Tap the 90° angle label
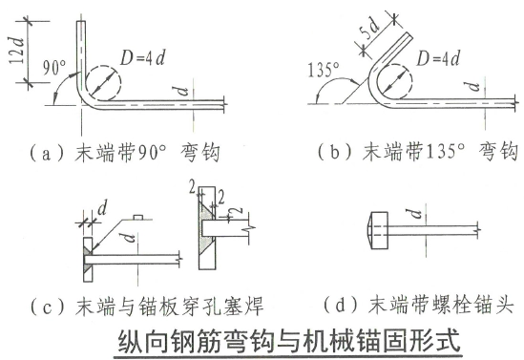pyautogui.click(x=54, y=68)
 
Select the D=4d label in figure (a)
pyautogui.click(x=143, y=58)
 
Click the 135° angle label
pyautogui.click(x=324, y=70)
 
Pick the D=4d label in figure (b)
pyautogui.click(x=438, y=59)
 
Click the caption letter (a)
pyautogui.click(x=47, y=153)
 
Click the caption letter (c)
pyautogui.click(x=47, y=307)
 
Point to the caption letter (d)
pyautogui.click(x=340, y=306)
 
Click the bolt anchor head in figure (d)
pyautogui.click(x=377, y=230)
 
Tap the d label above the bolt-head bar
pyautogui.click(x=416, y=213)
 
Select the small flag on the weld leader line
pyautogui.click(x=138, y=218)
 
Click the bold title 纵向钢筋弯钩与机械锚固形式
pyautogui.click(x=289, y=341)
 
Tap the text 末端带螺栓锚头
pyautogui.click(x=441, y=306)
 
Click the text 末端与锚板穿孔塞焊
pyautogui.click(x=170, y=307)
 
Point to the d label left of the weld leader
pyautogui.click(x=102, y=208)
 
